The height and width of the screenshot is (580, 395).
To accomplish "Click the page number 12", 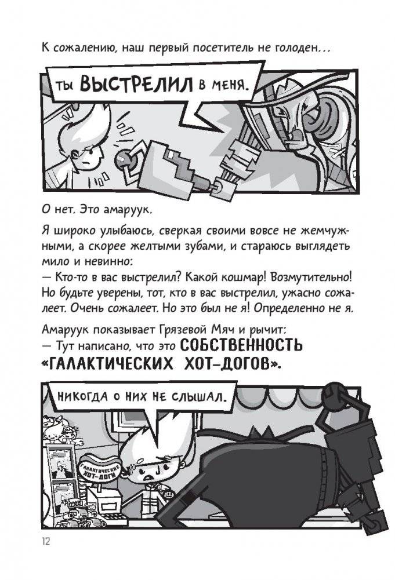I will pos(46,541).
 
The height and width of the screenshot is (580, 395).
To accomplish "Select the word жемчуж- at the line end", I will pos(336,231).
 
